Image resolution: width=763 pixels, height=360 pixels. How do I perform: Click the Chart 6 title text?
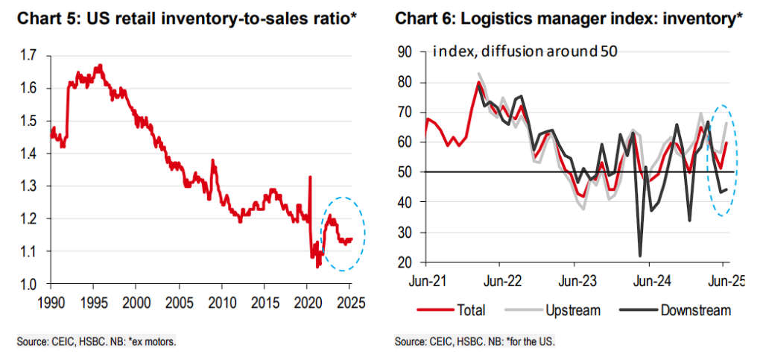(568, 18)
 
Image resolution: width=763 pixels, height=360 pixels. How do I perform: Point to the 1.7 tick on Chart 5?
(29, 55)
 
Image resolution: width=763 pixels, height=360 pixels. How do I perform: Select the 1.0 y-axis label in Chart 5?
(29, 284)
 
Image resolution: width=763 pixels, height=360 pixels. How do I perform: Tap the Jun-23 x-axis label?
(574, 281)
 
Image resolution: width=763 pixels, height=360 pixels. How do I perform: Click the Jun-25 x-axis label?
(721, 281)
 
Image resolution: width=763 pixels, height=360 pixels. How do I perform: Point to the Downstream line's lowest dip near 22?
(640, 256)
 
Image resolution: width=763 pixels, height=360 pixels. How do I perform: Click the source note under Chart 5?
(97, 342)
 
